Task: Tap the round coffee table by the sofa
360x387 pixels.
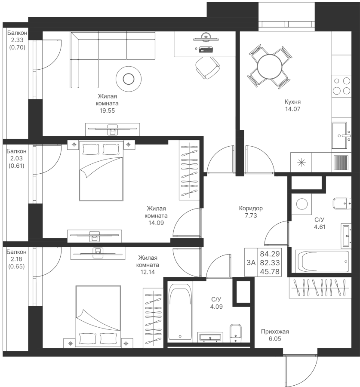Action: (x=128, y=78)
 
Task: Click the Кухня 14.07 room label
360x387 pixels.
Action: (x=292, y=105)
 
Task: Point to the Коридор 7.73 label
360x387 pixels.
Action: (x=251, y=212)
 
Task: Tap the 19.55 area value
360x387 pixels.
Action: (x=107, y=111)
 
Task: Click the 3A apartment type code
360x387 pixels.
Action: (x=251, y=262)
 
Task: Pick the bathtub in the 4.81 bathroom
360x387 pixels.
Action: (x=323, y=261)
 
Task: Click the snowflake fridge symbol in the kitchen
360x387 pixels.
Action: (x=301, y=162)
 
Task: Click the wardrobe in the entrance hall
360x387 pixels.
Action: (x=320, y=288)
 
